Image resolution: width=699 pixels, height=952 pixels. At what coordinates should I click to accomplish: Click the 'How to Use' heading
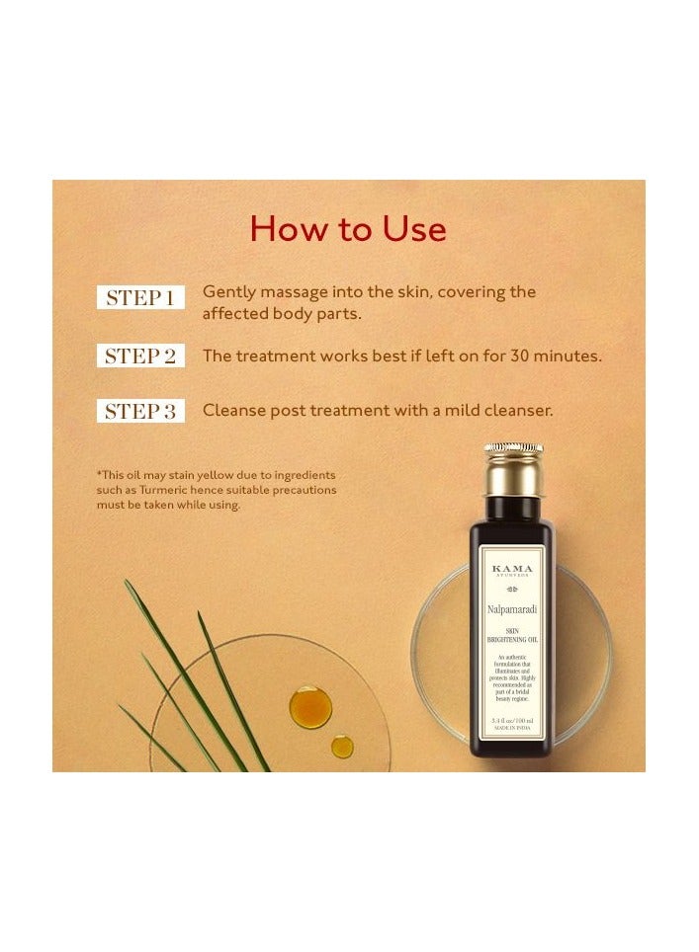pos(348,229)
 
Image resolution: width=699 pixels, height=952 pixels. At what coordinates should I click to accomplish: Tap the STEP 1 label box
pos(140,297)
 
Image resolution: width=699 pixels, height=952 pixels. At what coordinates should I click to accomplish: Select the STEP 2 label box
pos(140,357)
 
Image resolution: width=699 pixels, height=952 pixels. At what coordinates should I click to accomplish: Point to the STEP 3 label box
pos(140,411)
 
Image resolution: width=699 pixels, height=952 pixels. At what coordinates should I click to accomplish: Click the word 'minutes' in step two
pos(569,357)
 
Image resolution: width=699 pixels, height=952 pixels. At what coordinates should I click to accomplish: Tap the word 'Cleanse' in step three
pos(235,411)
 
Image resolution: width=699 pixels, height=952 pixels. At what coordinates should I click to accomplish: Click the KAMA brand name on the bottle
pos(512,569)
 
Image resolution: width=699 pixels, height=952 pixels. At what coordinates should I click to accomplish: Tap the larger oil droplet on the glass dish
pos(309,706)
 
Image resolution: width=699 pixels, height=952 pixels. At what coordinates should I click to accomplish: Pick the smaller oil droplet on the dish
pos(342,747)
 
